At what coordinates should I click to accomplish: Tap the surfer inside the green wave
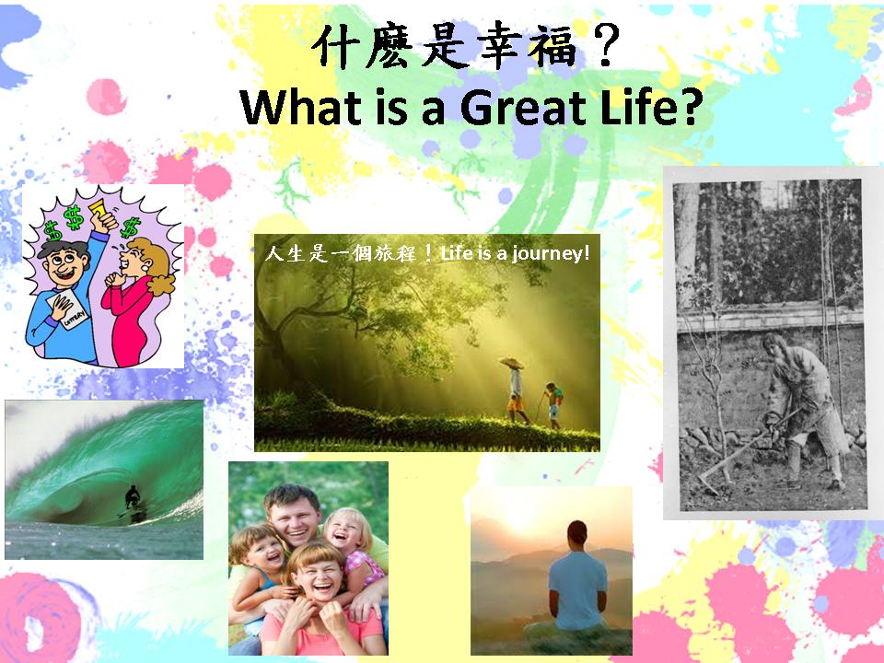(133, 498)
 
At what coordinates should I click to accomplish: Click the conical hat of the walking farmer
(511, 363)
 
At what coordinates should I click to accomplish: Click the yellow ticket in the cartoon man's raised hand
(101, 210)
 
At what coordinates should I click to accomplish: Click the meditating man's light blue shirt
(578, 589)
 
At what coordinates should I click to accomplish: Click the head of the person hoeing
(774, 344)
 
